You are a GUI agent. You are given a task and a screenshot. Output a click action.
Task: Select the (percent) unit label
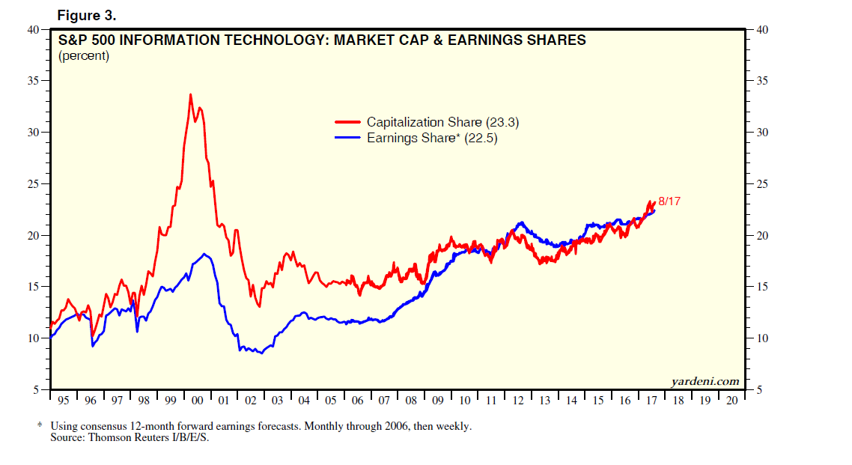click(x=83, y=55)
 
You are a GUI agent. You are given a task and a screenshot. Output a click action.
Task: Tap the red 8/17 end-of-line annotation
click(x=669, y=201)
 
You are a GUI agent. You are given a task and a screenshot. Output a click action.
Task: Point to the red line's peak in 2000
click(x=190, y=94)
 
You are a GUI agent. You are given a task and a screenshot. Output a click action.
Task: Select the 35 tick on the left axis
click(x=33, y=81)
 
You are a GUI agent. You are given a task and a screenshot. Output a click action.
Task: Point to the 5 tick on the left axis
click(x=36, y=390)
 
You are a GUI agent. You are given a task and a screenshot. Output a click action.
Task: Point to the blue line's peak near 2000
click(x=205, y=255)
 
